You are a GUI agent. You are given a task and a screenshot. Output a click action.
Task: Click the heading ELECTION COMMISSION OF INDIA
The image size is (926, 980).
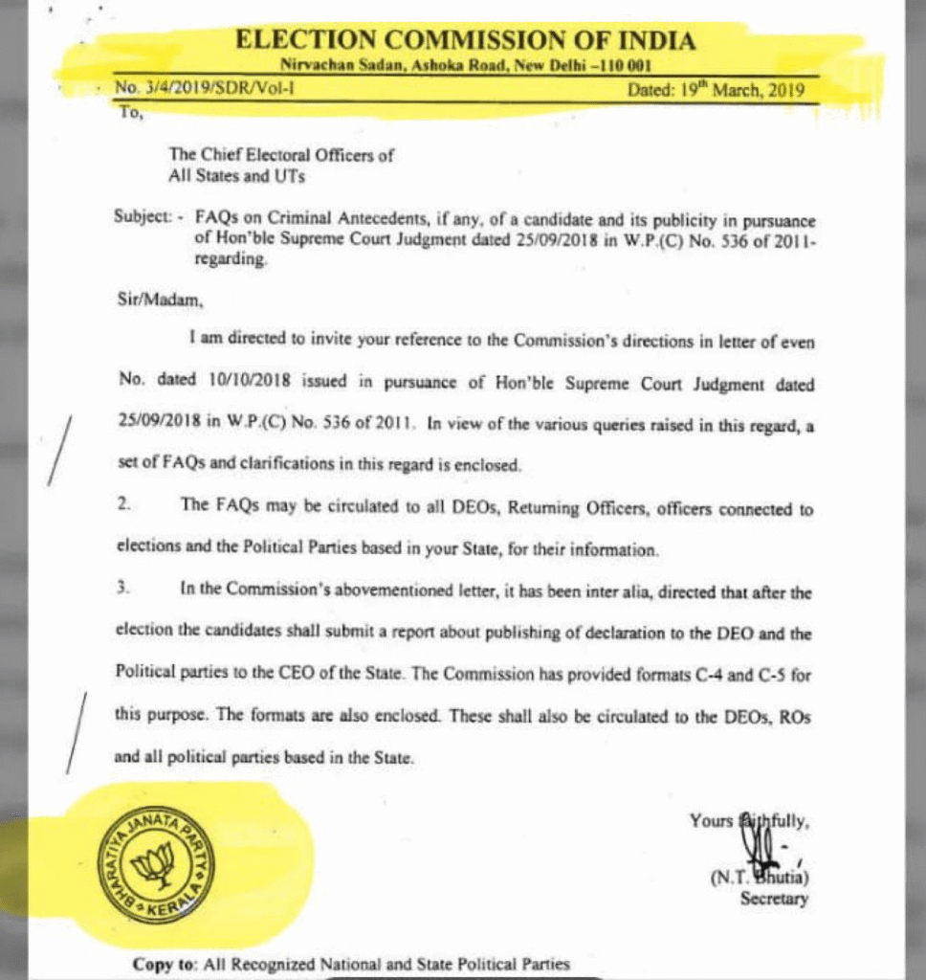point(465,40)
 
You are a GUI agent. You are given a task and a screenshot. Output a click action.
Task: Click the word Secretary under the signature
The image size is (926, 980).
point(774,900)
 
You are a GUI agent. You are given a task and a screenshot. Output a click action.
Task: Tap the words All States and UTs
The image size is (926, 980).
point(236,175)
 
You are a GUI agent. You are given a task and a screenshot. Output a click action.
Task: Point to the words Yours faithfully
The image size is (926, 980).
point(750,820)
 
